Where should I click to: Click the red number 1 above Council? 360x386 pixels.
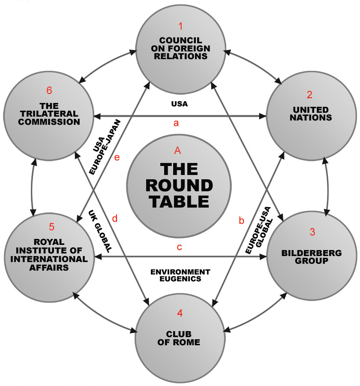180,27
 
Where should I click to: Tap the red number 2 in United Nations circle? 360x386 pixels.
309,95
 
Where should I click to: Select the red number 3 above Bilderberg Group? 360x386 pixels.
312,232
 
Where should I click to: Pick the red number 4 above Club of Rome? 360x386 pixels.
180,313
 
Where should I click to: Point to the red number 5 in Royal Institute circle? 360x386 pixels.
52,227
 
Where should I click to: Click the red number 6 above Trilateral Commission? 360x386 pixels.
49,90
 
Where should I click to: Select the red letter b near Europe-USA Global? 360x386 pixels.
241,221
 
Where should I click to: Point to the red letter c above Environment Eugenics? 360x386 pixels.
179,248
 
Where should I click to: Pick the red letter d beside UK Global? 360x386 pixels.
114,218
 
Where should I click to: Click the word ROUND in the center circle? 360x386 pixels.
179,185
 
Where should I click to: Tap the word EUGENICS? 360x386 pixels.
180,279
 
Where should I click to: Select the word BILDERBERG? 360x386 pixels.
312,253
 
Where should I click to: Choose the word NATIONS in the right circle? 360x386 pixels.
310,117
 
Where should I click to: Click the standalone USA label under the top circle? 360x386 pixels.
180,104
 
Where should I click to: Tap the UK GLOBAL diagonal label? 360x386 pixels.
101,231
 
